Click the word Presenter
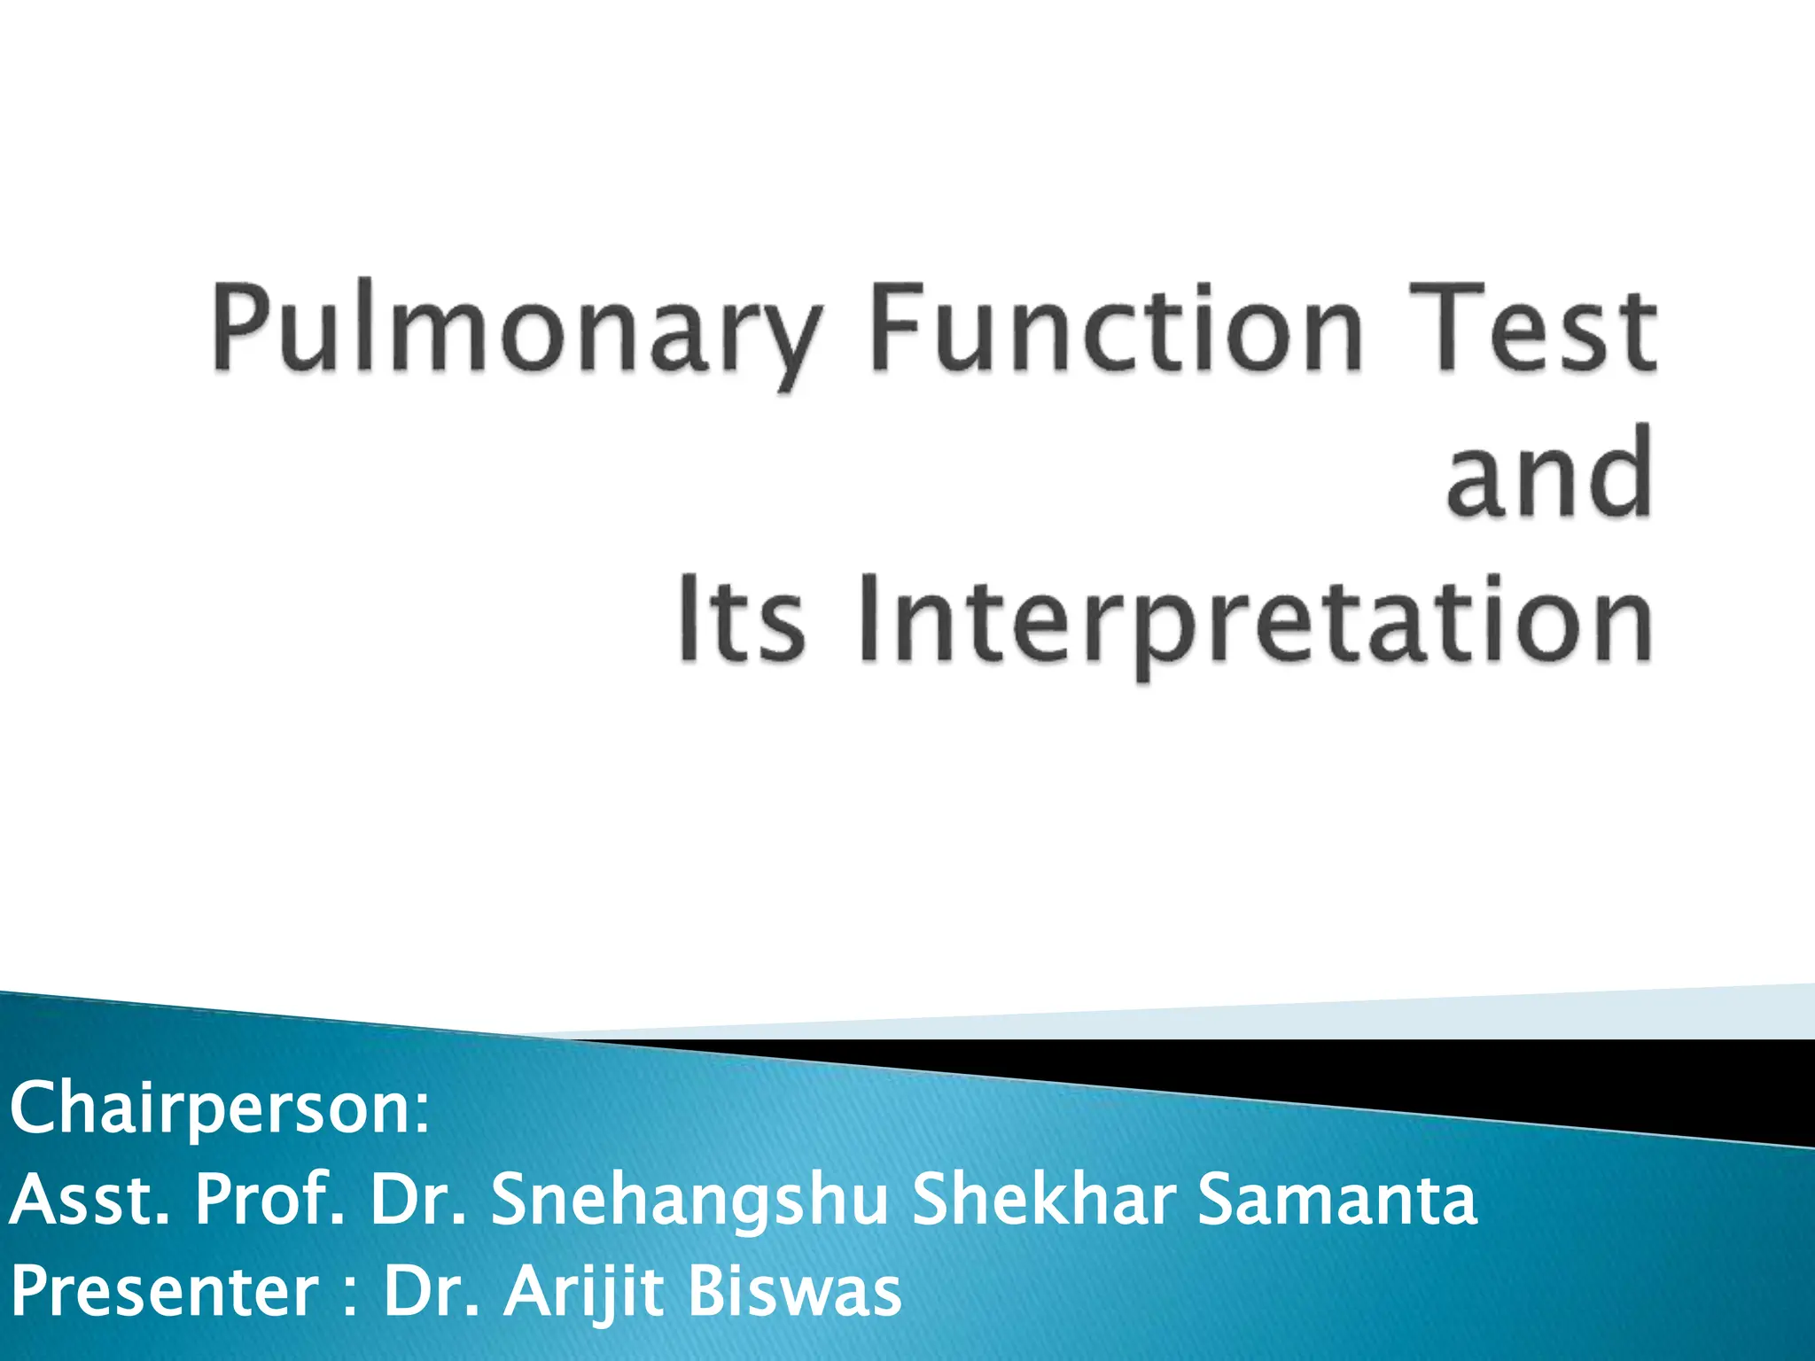[x=165, y=1293]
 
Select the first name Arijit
[x=584, y=1293]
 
